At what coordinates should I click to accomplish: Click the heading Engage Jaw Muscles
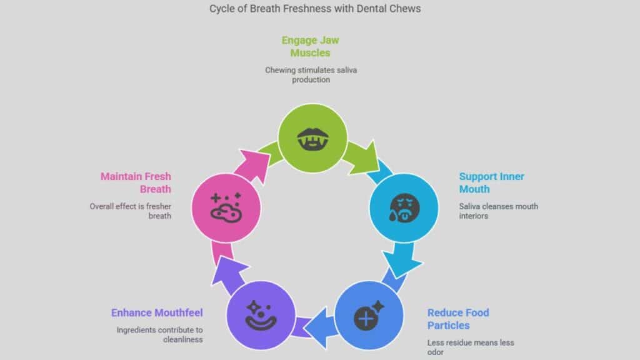[x=311, y=46]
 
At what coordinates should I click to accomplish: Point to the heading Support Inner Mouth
[x=491, y=182]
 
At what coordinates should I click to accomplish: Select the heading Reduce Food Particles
[x=458, y=319]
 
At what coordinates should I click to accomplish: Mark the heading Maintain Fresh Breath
[x=136, y=182]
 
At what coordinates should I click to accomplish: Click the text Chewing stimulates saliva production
[x=311, y=75]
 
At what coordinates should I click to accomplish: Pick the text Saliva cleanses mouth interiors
[x=498, y=211]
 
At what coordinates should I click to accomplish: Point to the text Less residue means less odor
[x=471, y=347]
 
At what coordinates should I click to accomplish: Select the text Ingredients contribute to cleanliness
[x=160, y=335]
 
